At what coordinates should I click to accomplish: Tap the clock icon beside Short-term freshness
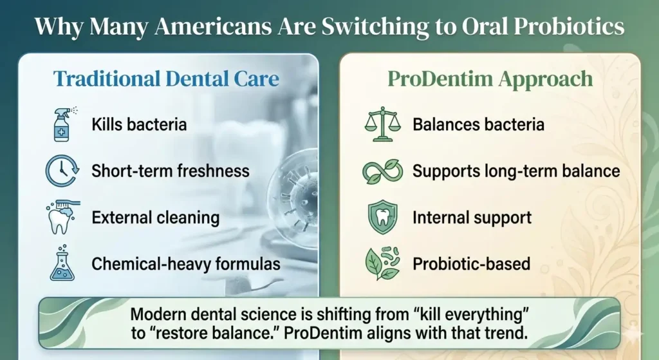tap(62, 171)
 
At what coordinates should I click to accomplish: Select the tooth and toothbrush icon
tap(62, 217)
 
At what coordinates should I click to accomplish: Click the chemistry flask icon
tap(62, 263)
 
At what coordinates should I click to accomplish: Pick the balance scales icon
tap(382, 124)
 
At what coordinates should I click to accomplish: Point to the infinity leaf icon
tap(382, 171)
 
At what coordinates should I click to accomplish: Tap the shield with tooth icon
tap(382, 217)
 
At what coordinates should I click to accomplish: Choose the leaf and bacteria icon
tap(382, 263)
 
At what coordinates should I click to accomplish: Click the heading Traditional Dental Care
tap(166, 79)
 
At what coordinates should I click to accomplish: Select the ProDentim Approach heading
tap(490, 79)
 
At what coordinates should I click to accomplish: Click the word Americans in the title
tap(214, 26)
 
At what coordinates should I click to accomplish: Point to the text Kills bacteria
tap(139, 124)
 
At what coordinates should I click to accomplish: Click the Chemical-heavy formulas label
tap(186, 264)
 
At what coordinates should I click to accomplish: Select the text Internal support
tap(472, 218)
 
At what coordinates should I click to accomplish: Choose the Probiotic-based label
tap(472, 264)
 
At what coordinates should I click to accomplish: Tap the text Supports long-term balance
tap(516, 171)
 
